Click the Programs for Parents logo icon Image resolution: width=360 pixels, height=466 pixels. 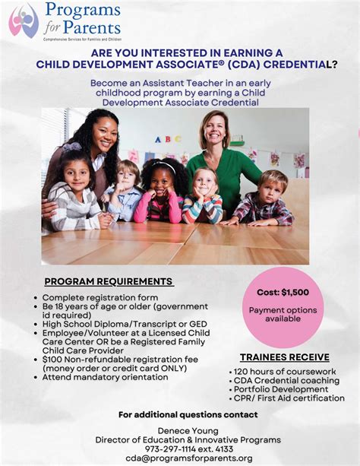(x=23, y=21)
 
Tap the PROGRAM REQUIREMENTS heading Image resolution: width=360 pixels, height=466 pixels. (x=109, y=281)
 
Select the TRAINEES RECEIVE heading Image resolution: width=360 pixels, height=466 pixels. (x=284, y=357)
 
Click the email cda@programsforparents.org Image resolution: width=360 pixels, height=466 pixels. (x=179, y=458)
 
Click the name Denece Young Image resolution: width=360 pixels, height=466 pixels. (x=179, y=430)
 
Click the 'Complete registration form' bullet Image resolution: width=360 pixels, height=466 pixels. (x=99, y=297)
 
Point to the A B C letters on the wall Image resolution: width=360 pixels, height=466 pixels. (x=168, y=140)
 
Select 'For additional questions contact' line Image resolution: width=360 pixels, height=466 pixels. (x=188, y=414)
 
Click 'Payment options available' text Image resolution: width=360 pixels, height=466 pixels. (x=285, y=315)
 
